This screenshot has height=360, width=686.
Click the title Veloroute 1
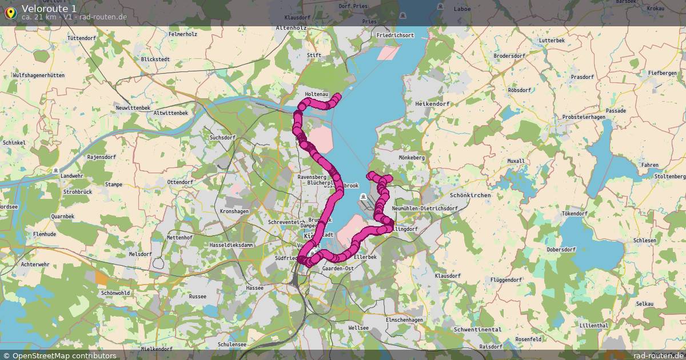tap(49, 8)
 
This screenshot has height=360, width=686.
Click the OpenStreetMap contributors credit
tap(59, 355)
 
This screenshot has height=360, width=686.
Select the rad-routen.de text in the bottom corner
tap(659, 355)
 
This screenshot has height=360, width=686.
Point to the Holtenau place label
tap(317, 94)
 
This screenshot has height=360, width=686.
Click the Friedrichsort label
tap(395, 35)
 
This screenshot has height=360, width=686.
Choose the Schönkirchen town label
tap(470, 195)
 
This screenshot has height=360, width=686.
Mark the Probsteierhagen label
tap(584, 117)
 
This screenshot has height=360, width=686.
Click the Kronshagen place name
tap(234, 211)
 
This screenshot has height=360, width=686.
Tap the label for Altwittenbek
tap(167, 113)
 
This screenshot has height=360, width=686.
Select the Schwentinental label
tap(477, 330)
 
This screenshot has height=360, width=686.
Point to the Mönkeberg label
tap(412, 157)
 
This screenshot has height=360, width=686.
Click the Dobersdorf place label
tap(561, 250)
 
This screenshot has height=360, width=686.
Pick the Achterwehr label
tap(35, 265)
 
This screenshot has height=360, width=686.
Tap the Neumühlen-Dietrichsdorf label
tap(425, 209)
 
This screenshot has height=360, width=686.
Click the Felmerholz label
tap(183, 34)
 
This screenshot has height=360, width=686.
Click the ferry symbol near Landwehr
tap(55, 170)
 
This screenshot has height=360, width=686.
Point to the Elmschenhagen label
tap(405, 320)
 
